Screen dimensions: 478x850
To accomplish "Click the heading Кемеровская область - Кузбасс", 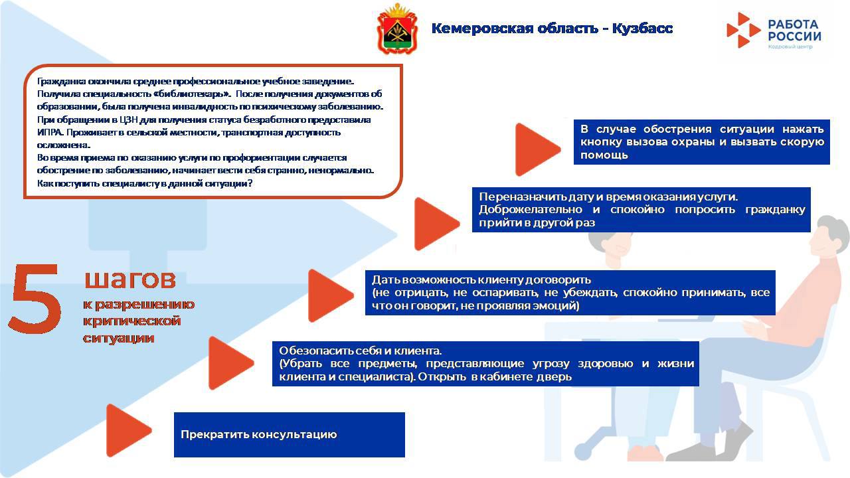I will point(552,29).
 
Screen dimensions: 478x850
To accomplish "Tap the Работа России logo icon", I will point(742,30).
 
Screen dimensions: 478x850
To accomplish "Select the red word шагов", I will point(130,279).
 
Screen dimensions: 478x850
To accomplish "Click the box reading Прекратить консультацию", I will point(289,435).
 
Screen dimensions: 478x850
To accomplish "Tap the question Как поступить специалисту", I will point(145,183).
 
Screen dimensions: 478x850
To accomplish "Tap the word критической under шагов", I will point(131,321).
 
